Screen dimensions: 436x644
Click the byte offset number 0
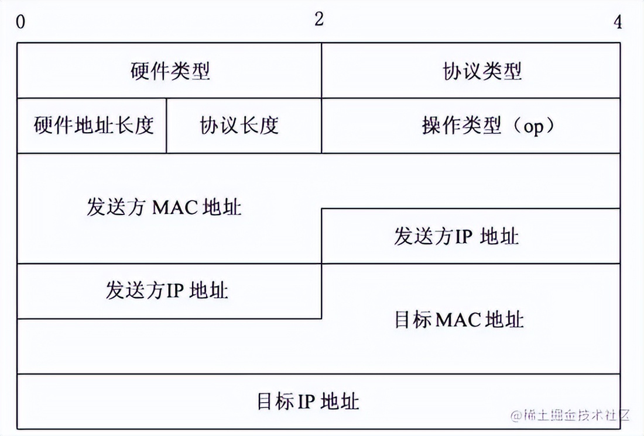coord(21,23)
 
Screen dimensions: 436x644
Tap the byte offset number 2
coord(318,19)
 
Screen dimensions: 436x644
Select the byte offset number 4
coord(618,23)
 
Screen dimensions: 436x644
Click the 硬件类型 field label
coord(170,71)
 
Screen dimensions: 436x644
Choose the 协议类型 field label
coord(482,71)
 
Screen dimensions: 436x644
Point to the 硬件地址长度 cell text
coord(93,126)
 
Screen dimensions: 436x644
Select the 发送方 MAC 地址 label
coord(164,207)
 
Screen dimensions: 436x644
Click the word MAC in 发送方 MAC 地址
coord(176,207)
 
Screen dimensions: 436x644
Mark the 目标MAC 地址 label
coord(459,320)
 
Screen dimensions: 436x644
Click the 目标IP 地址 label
coord(308,402)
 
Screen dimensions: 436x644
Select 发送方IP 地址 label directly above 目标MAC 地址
coord(456,237)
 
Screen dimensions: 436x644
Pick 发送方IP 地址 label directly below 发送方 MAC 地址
coord(167,290)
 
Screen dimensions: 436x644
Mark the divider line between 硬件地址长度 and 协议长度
coord(167,126)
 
